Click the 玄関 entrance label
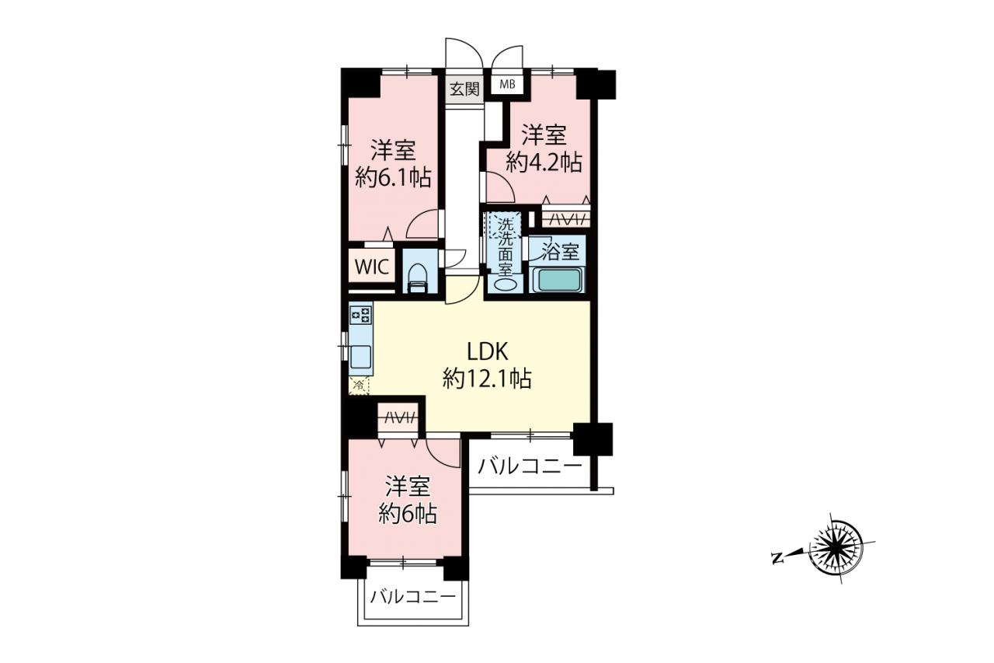464,89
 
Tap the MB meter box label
507,84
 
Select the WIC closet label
372,267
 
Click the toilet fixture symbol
417,279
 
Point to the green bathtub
558,280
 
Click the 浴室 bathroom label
561,253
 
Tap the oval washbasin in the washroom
505,284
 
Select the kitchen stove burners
361,315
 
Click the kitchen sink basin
361,356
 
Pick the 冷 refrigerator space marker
359,386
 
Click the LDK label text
487,352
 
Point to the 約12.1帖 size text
487,379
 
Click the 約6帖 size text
408,515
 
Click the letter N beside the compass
776,558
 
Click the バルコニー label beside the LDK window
530,466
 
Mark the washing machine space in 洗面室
505,225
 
